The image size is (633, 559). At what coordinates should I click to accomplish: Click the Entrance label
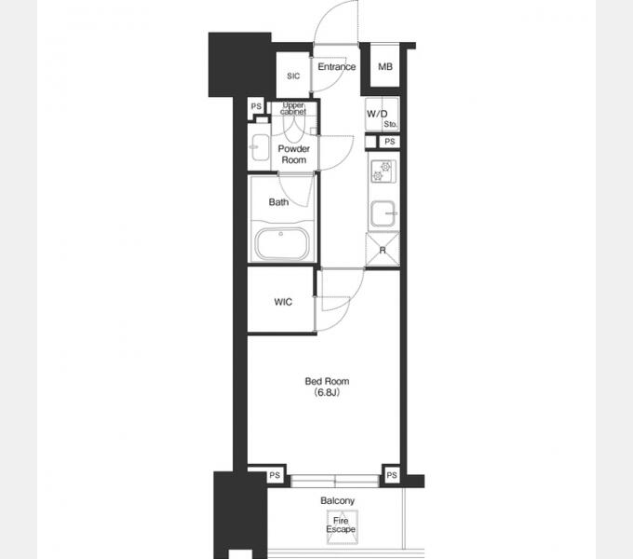coord(337,67)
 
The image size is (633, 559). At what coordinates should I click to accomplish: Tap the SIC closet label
coord(293,76)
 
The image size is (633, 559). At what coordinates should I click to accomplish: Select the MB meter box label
coord(385,67)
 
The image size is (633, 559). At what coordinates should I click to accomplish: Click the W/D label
coord(377,114)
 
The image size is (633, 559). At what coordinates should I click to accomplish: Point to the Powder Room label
coord(294,155)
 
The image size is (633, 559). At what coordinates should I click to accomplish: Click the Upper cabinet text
coord(293,109)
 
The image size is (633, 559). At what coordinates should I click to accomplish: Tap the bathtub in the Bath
coord(282,244)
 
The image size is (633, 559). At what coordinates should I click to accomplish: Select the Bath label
coord(278,202)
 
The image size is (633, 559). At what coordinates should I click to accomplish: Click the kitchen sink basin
coord(384,213)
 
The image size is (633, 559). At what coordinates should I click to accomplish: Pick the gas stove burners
coord(383,171)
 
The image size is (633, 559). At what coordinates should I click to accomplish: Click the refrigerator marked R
coord(383,250)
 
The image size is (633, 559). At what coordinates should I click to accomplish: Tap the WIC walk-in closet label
coord(283,302)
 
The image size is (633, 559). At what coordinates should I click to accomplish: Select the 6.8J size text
coord(327,392)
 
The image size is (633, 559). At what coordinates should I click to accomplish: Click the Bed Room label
coord(327,381)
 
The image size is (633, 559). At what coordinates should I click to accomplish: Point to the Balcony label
coord(338,501)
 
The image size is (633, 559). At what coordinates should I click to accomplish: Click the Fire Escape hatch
coord(342,526)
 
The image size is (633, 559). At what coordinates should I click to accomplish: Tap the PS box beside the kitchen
coord(389,142)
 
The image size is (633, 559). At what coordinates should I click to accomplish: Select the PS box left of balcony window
coord(275,475)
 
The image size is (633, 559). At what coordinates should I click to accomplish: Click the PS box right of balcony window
coord(392,475)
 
